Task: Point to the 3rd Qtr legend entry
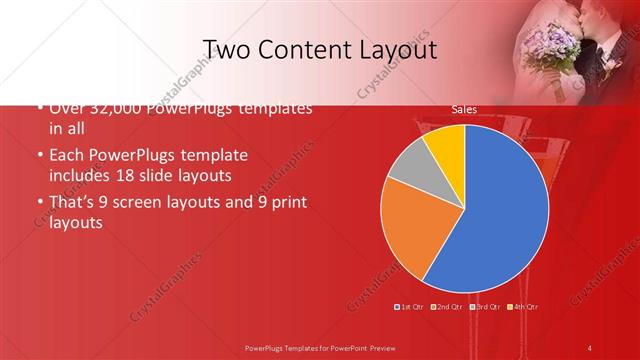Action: (486, 306)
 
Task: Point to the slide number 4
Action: (591, 346)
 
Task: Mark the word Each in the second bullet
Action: (66, 157)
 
